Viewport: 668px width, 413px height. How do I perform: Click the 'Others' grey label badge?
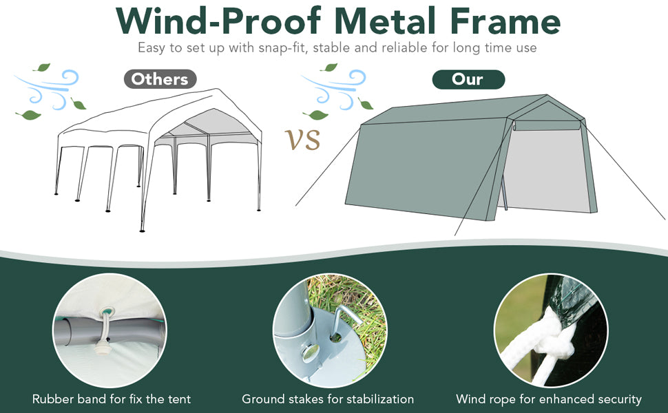160,79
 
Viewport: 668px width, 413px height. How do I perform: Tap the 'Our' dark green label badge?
468,80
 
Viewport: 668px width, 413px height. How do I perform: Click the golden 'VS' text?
302,139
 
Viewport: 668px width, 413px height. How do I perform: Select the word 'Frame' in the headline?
505,21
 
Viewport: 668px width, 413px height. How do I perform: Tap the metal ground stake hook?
344,319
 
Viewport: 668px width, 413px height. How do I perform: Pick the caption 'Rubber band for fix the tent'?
112,399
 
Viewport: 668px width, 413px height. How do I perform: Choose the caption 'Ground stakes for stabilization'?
328,399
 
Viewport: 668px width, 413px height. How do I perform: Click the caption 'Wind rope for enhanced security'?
549,399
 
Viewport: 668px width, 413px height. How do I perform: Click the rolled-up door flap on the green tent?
547,125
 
